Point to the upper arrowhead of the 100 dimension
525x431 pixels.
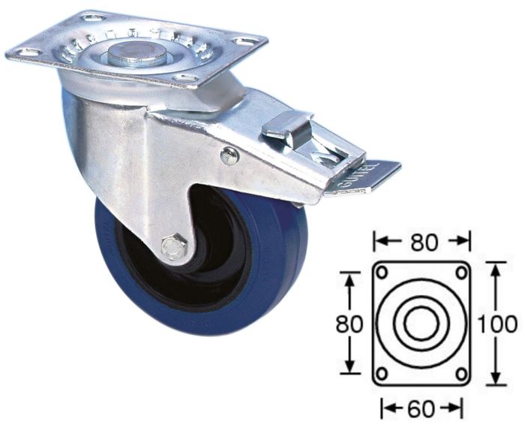495,267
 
